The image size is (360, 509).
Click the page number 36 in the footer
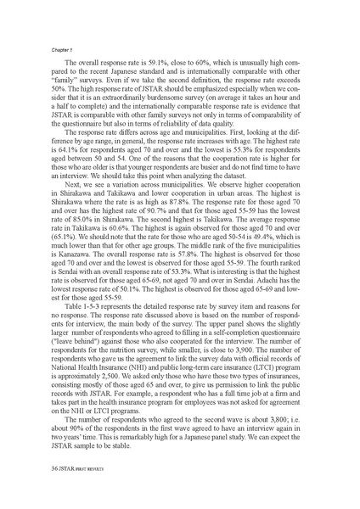pos(33,490)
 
